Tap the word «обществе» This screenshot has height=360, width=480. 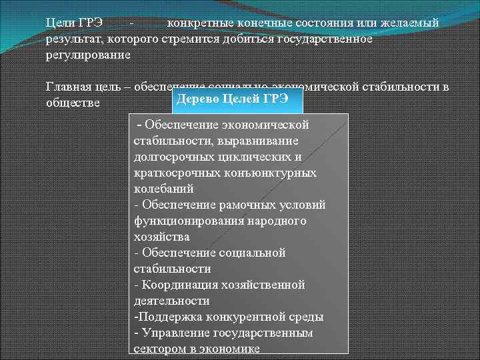(73, 103)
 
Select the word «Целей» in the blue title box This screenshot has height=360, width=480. (239, 99)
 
